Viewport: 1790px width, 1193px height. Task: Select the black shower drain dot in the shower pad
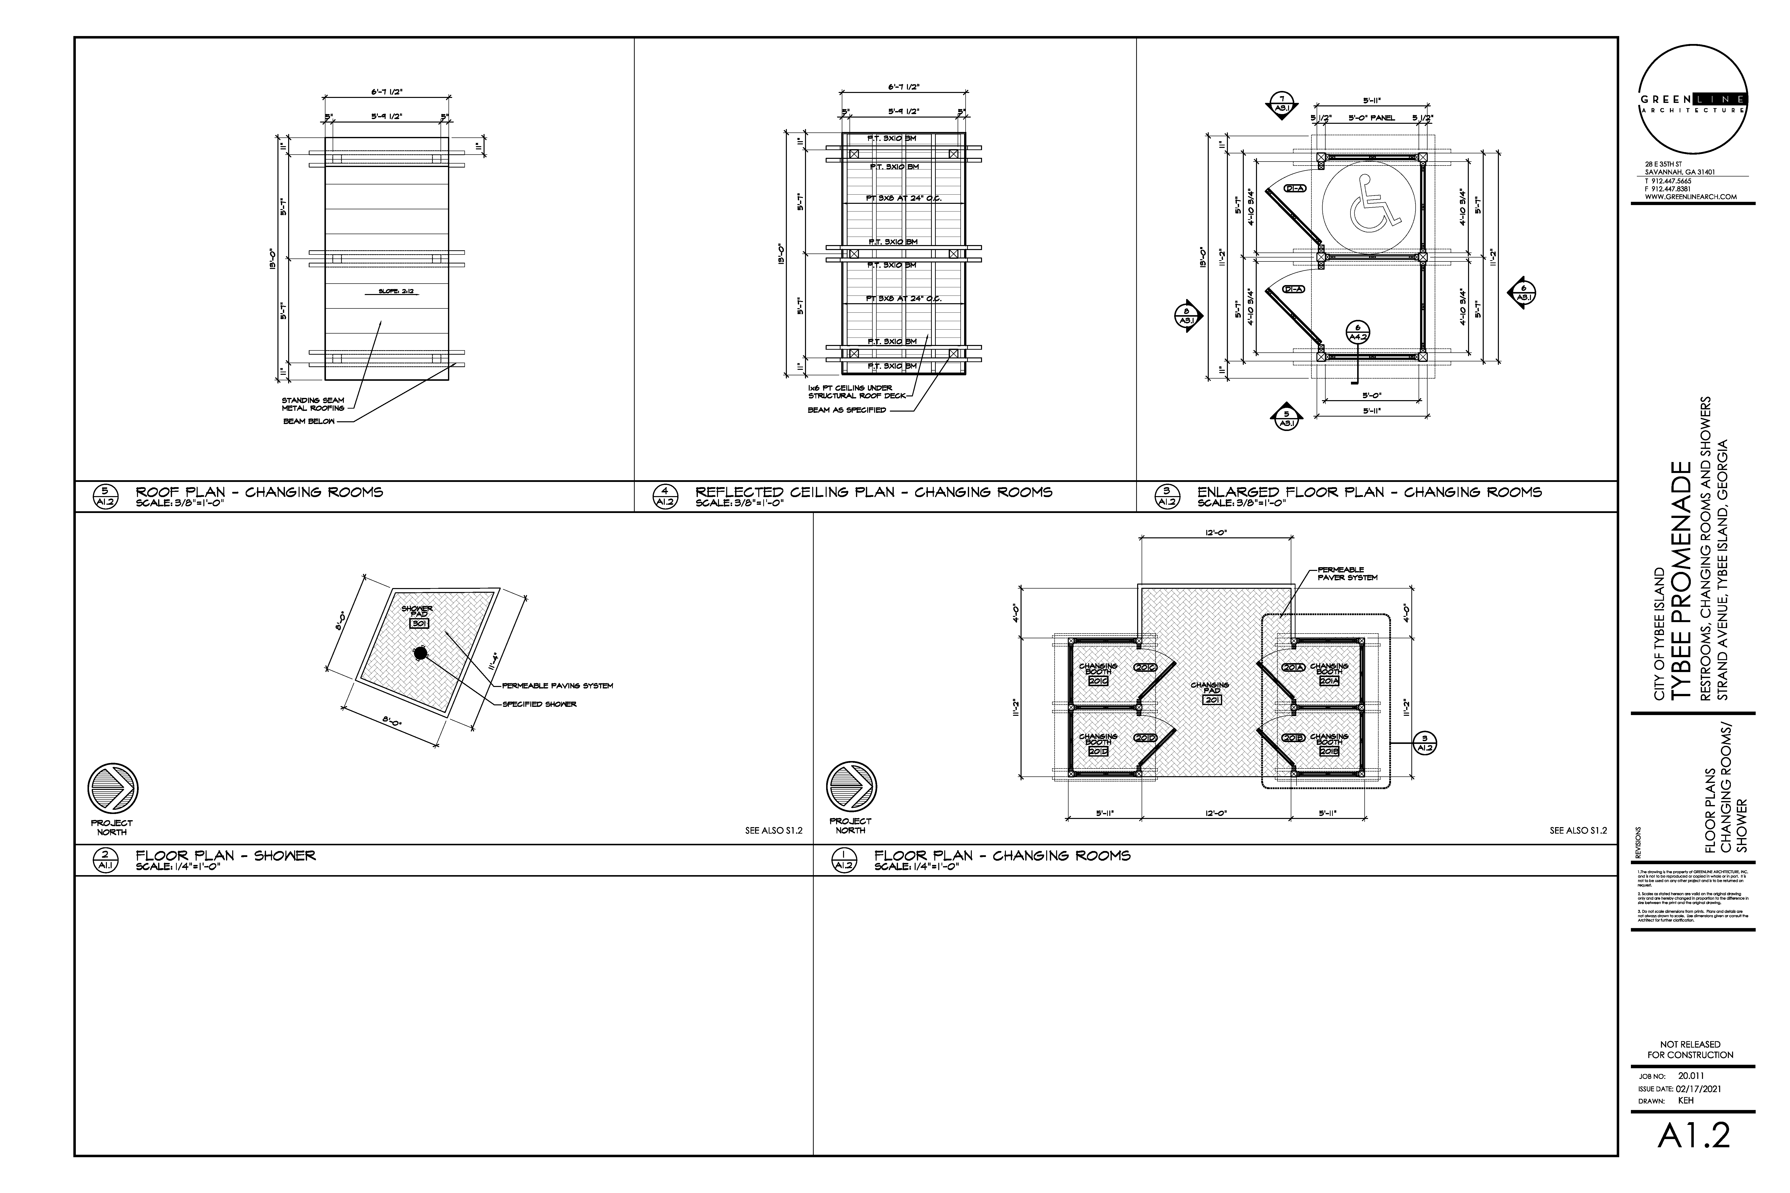coord(420,653)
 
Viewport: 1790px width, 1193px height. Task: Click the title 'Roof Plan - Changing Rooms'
coord(259,492)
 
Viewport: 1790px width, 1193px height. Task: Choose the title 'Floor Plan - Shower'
coord(225,856)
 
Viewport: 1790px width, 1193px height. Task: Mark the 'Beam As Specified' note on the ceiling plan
coord(846,410)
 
